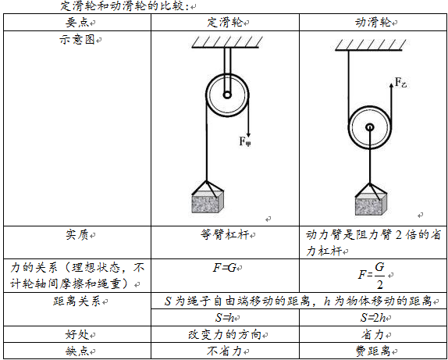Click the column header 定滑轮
tap(225, 23)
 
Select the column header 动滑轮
tap(373, 23)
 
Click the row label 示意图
tap(76, 40)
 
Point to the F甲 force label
tap(245, 141)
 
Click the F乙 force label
tap(400, 83)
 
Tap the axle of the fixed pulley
tap(227, 95)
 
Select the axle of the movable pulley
tap(370, 127)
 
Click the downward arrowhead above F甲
tap(248, 134)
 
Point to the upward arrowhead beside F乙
tap(391, 84)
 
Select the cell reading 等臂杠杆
tap(225, 236)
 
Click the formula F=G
tap(224, 268)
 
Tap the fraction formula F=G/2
tap(372, 276)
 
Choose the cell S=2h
tap(373, 318)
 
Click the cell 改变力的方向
tap(225, 334)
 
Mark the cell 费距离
tap(373, 351)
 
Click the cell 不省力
tap(225, 351)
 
